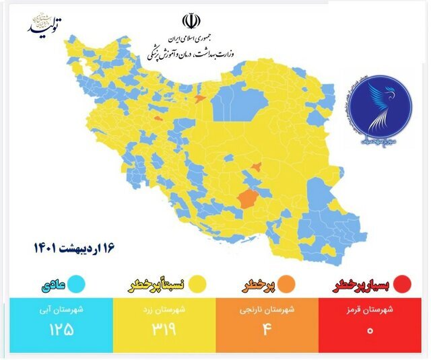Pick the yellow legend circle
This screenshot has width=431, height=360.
tap(198, 285)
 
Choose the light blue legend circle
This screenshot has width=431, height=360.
tap(79, 285)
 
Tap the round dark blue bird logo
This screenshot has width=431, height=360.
tap(381, 112)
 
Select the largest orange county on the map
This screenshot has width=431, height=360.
tap(247, 199)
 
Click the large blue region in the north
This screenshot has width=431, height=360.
tap(236, 104)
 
